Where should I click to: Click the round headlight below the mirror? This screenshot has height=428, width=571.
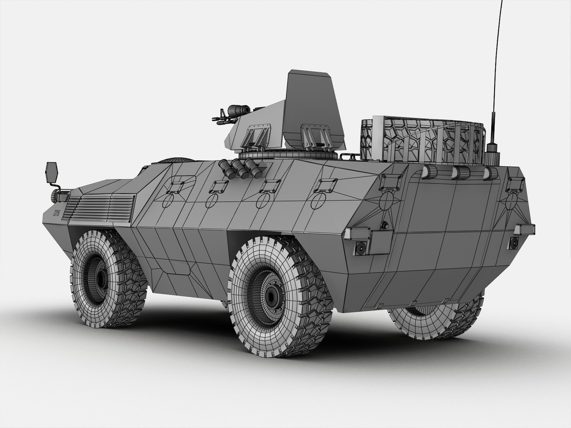[x=55, y=195]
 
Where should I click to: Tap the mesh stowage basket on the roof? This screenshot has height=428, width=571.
[x=422, y=141]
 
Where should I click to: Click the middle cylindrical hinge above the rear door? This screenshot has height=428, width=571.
[x=460, y=172]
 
